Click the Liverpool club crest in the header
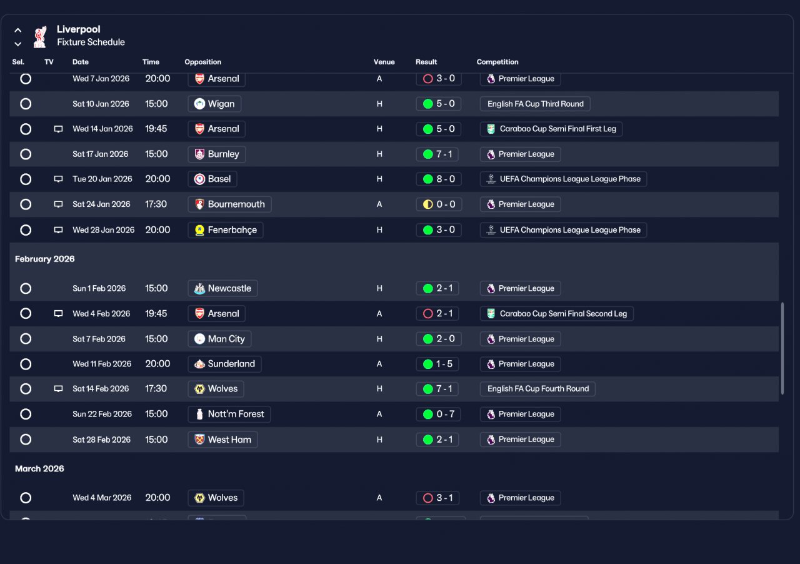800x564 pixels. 40,36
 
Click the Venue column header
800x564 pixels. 384,62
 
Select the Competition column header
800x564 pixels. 497,62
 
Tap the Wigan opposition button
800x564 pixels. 214,104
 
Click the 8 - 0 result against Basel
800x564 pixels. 439,179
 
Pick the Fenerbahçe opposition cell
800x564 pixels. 226,230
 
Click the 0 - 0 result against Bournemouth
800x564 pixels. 439,204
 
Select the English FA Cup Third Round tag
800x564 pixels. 535,104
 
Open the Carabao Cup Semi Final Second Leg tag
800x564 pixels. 556,314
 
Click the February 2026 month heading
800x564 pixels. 44,259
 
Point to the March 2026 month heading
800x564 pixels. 39,468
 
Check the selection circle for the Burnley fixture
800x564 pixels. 26,154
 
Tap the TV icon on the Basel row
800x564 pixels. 58,179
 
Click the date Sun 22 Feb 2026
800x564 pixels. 102,414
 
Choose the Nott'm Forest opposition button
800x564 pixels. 229,414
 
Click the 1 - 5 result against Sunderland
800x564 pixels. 438,364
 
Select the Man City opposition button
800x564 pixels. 219,339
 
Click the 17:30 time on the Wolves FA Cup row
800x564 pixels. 156,388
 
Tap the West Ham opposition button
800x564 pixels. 222,440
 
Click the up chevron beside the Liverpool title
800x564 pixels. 18,31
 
